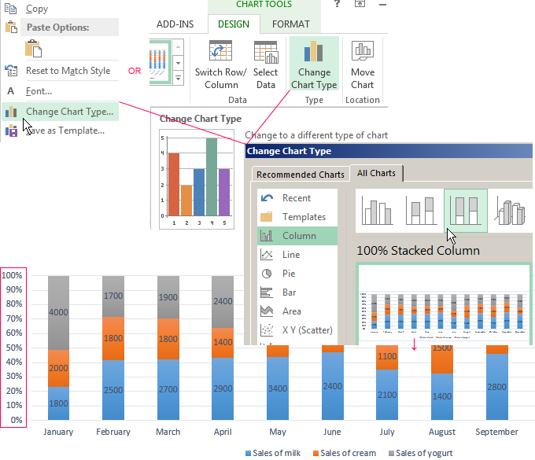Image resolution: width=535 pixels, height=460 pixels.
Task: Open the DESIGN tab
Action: (234, 24)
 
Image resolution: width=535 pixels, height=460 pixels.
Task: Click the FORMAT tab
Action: (290, 24)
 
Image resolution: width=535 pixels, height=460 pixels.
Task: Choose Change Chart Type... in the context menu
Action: (68, 112)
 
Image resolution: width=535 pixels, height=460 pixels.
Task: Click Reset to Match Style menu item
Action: (68, 71)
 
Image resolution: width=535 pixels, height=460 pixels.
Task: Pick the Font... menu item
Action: (39, 91)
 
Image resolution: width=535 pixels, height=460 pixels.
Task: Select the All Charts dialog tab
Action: (376, 173)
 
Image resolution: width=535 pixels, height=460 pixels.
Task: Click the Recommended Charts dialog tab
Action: (301, 175)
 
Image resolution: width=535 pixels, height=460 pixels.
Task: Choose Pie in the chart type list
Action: (289, 274)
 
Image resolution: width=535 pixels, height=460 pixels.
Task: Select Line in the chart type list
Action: (291, 255)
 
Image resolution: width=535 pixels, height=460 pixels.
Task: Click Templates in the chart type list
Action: (304, 217)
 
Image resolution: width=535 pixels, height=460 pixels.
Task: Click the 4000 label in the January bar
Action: (59, 312)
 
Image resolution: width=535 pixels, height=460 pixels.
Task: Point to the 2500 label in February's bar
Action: (113, 390)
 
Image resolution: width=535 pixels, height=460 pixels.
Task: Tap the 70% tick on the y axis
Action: (12, 319)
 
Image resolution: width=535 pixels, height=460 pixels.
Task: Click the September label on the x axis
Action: (496, 432)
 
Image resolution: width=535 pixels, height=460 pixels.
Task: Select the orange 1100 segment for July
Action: (386, 356)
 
